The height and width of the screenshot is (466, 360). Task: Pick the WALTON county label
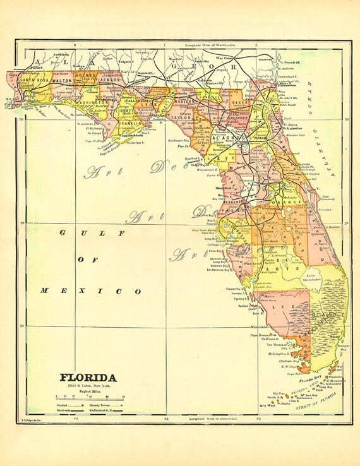[x=61, y=81]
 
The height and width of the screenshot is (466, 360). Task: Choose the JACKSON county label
[x=110, y=81]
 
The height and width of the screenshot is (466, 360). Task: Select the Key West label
[x=268, y=405]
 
